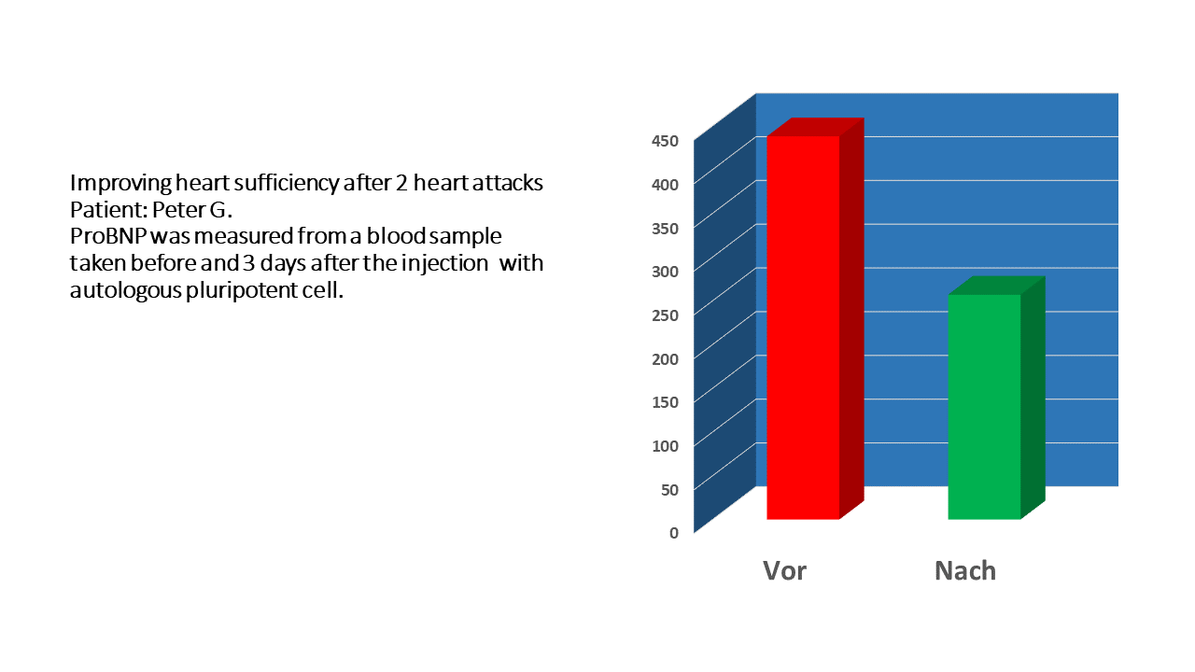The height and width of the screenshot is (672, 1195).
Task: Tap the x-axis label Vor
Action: point(785,570)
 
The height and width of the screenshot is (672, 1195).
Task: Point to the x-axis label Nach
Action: point(965,570)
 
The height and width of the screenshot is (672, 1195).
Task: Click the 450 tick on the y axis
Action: point(665,141)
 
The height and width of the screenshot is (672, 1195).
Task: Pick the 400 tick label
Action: point(665,185)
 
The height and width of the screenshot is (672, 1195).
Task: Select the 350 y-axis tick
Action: point(665,229)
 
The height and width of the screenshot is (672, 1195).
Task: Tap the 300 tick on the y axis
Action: point(665,272)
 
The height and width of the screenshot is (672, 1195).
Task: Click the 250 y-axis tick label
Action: point(665,315)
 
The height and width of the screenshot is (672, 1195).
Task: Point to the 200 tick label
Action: point(665,359)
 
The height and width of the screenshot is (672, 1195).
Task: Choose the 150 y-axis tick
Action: point(665,402)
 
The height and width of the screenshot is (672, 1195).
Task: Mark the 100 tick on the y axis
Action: point(665,446)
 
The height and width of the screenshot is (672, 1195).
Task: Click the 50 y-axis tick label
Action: point(669,490)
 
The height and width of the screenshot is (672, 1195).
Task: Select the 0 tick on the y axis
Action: point(674,533)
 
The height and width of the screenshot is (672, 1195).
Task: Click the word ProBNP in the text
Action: point(108,236)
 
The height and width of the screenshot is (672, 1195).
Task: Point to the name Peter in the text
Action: point(178,210)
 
